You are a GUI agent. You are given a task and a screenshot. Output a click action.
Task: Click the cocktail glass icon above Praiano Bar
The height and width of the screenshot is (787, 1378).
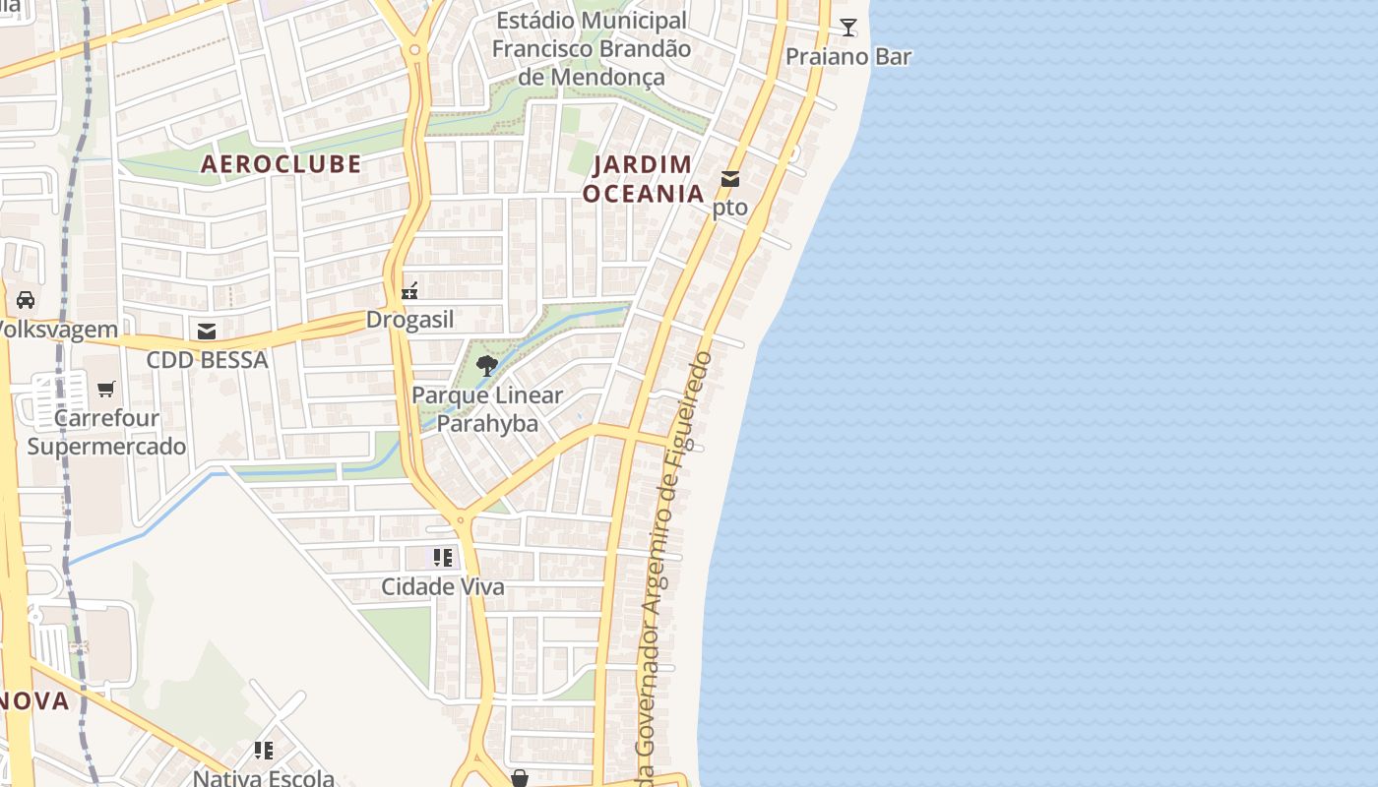point(848,27)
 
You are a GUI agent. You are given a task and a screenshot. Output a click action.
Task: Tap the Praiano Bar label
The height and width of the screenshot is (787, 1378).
point(848,56)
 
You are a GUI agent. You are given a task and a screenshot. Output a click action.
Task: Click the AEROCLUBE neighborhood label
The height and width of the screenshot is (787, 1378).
point(282,163)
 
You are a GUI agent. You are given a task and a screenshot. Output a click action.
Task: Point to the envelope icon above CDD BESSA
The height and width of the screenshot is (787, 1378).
point(207,332)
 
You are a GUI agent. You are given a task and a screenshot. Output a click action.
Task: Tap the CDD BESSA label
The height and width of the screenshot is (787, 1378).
point(207,360)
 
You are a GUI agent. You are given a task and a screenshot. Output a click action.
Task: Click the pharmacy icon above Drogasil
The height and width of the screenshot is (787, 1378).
point(410,291)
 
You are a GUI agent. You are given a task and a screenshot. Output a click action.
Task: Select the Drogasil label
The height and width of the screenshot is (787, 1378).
point(410,320)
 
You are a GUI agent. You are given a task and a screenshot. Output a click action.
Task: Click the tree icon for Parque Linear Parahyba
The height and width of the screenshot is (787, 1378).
point(486,367)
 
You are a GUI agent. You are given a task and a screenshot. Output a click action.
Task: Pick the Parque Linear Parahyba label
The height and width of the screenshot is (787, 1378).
point(487,409)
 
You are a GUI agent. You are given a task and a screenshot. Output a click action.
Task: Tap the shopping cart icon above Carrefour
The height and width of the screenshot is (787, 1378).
point(106,389)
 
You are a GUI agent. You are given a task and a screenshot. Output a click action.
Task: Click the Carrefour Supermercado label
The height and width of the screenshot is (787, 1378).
point(106,432)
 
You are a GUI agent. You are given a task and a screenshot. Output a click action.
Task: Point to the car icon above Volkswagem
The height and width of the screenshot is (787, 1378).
point(26,300)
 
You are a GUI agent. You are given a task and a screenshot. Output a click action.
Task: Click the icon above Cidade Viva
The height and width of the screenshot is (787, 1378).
point(443,558)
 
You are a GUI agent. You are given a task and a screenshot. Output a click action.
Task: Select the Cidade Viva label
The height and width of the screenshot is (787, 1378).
point(443,587)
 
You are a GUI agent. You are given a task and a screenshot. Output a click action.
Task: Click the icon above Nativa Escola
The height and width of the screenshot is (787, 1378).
point(264,751)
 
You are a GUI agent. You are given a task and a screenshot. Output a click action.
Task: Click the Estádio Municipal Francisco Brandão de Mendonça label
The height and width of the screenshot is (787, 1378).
point(592,48)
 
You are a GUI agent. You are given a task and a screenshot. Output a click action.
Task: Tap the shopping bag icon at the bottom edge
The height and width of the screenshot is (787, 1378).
point(520,778)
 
